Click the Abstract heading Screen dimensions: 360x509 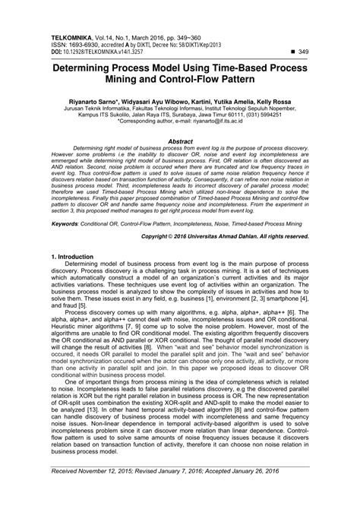tap(180, 141)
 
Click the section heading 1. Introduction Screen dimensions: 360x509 tap(70, 257)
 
